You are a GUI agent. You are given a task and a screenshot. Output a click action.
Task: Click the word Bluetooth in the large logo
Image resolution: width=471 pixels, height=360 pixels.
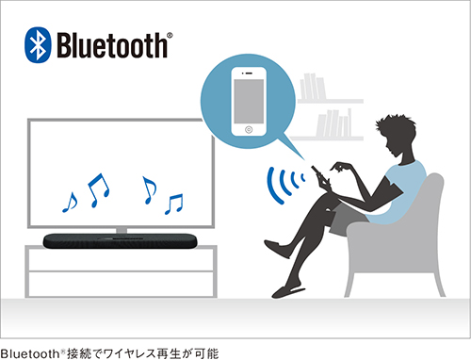click(110, 44)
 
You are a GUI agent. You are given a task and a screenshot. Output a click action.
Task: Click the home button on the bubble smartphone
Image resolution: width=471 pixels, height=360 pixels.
click(247, 128)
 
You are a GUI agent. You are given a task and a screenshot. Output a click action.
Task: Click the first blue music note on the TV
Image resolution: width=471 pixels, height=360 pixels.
click(69, 201)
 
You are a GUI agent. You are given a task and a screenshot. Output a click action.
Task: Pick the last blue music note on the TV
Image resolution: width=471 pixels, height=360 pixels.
click(173, 202)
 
